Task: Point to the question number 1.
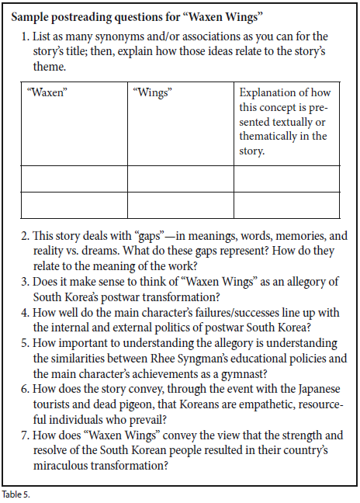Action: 24,36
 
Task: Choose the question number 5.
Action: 24,342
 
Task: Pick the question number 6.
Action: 24,391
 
